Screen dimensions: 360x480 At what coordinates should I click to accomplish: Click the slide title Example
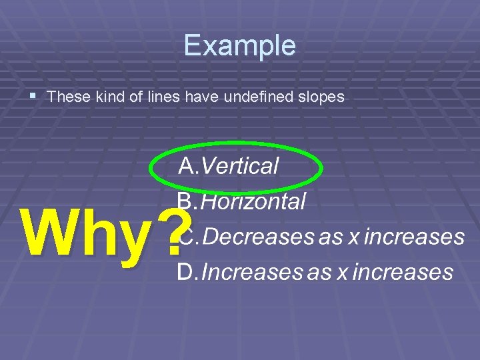[x=239, y=45]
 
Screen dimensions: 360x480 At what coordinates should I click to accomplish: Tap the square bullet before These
[x=34, y=97]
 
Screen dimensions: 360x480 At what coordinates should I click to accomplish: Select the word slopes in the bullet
[x=322, y=97]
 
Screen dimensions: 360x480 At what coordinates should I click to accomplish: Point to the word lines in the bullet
[x=163, y=97]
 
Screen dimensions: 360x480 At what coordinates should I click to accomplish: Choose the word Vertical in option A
[x=239, y=166]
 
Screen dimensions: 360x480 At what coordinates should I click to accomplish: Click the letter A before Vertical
[x=187, y=166]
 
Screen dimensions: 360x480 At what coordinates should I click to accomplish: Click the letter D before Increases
[x=185, y=271]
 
